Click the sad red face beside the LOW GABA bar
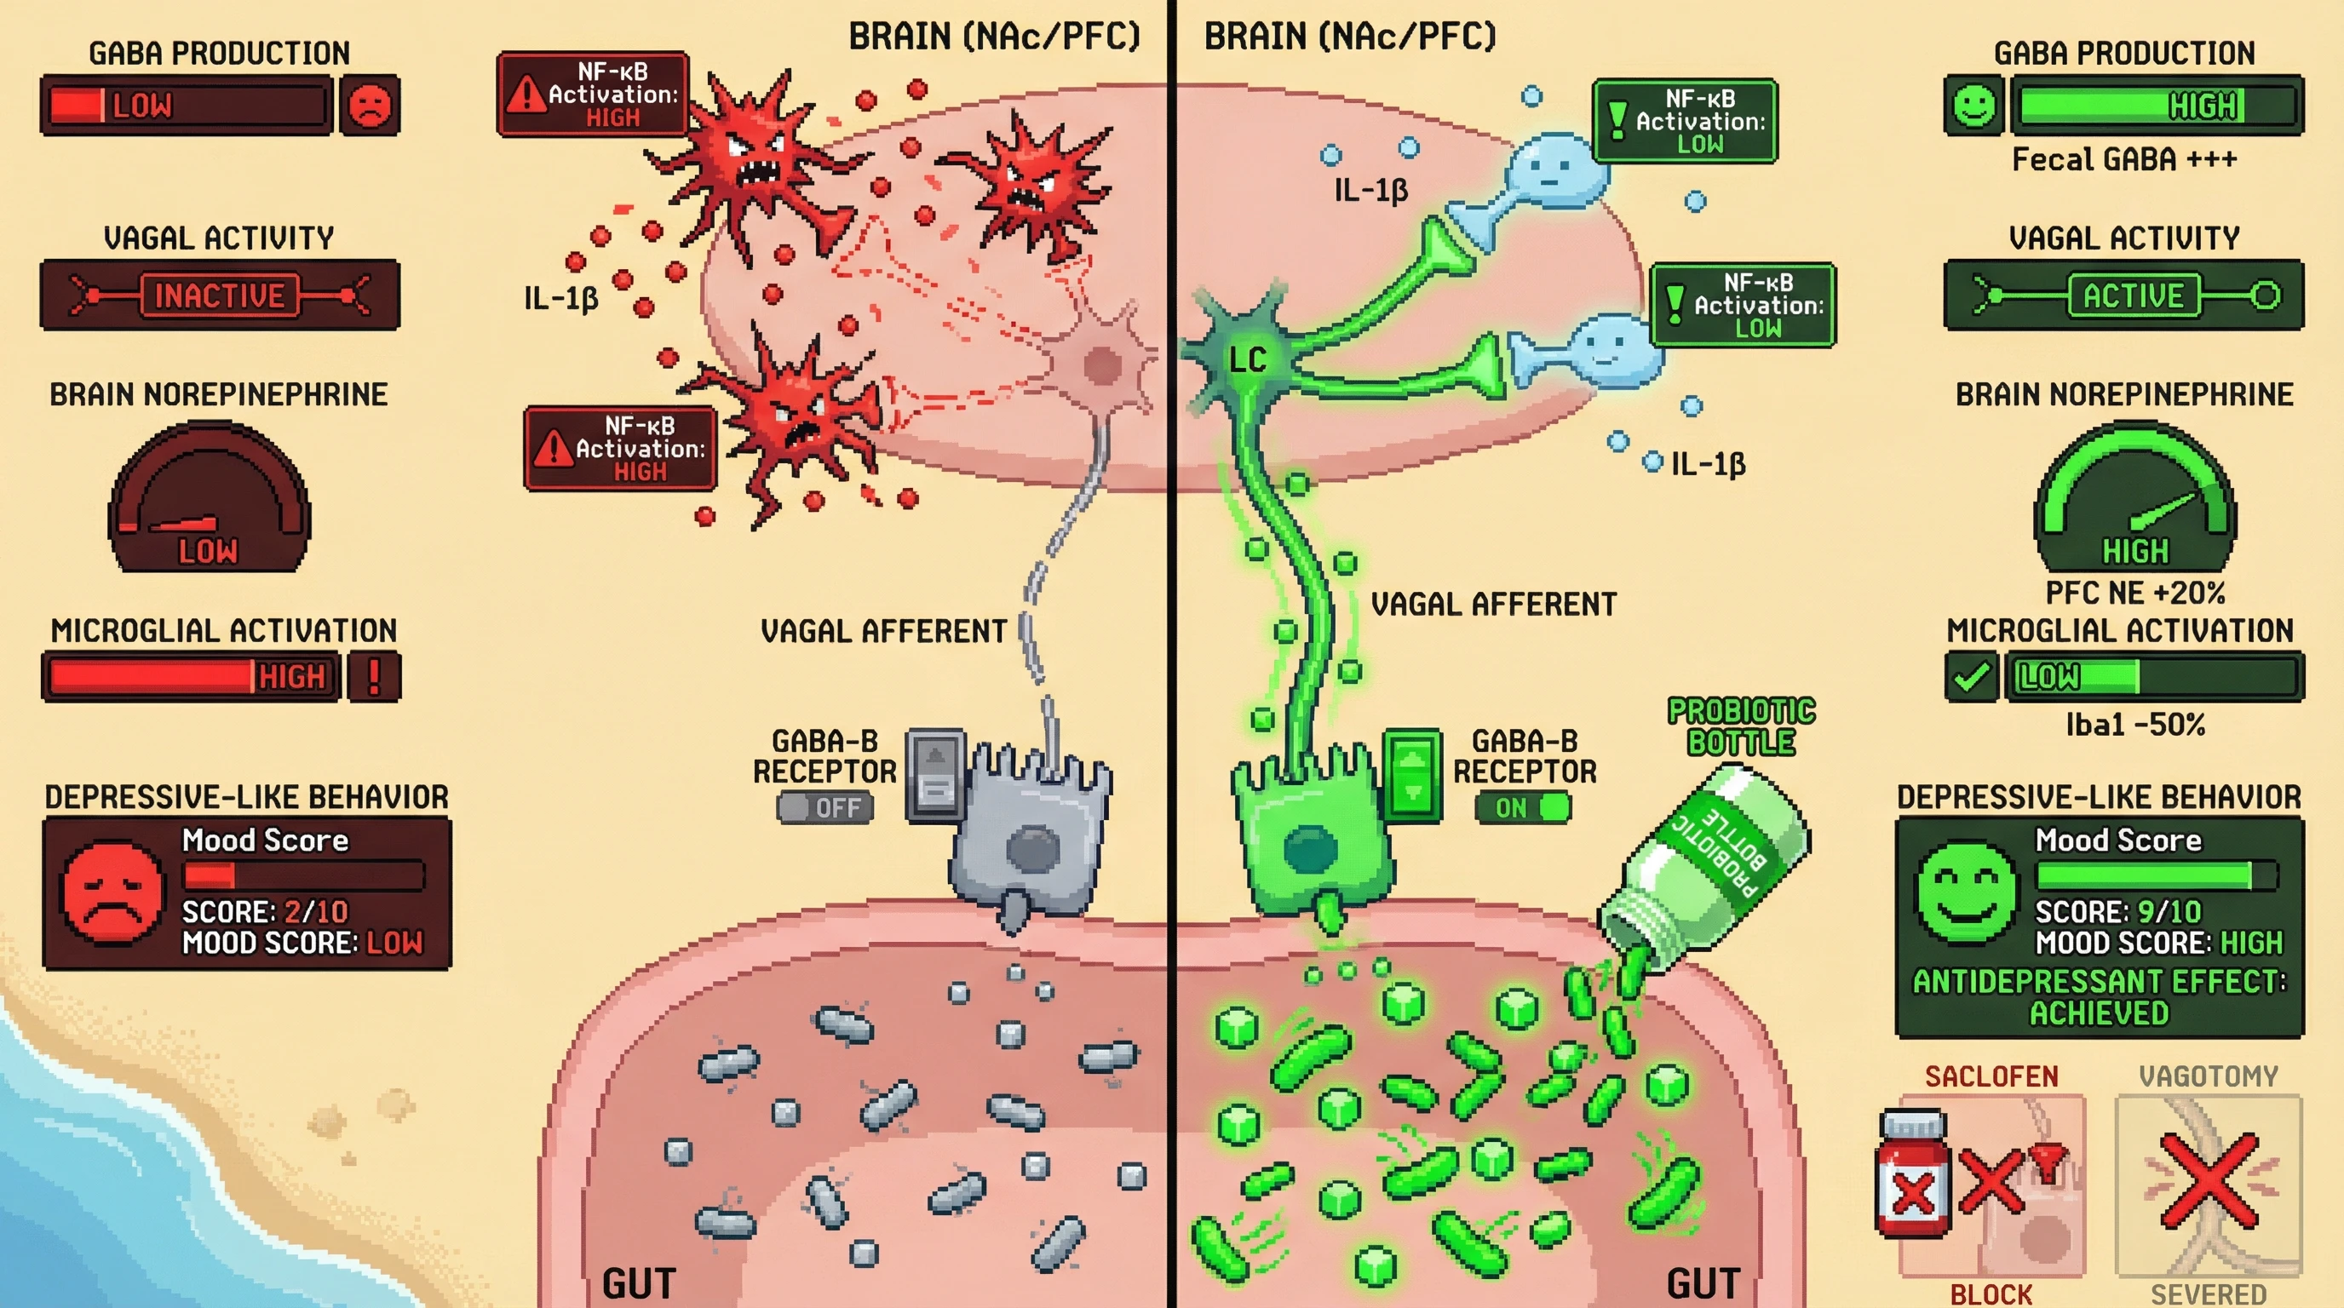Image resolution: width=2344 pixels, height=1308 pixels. coord(370,106)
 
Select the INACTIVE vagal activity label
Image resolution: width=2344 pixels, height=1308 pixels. coord(219,295)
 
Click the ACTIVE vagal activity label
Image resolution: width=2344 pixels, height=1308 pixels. coord(2133,295)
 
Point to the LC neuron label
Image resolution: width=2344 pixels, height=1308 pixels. coord(1247,360)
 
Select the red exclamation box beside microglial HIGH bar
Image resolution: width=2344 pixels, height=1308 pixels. coord(374,677)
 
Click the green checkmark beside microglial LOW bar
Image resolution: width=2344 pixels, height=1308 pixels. coord(1971,677)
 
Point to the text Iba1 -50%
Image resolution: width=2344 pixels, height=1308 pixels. coord(2134,725)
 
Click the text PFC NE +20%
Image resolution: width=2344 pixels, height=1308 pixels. coord(2134,593)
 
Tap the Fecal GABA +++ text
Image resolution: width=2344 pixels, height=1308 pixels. coord(2123,160)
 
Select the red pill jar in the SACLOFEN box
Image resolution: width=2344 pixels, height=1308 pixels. coord(1913,1173)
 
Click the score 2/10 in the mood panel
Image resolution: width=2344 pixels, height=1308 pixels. coord(315,911)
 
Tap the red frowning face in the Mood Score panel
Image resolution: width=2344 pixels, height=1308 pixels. coord(112,893)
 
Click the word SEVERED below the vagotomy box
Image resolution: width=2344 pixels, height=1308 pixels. coord(2209,1294)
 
